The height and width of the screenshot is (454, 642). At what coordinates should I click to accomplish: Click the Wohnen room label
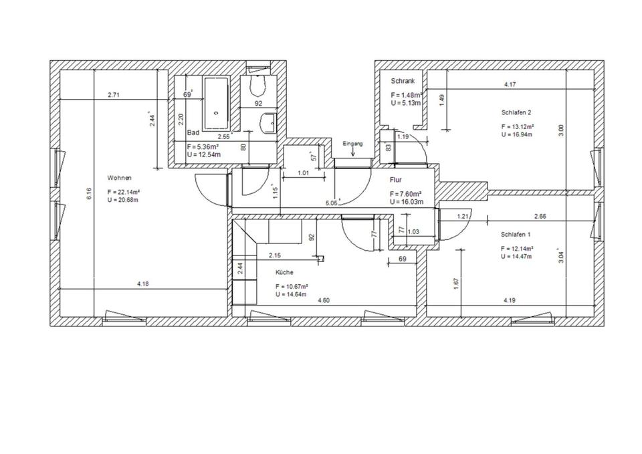pyautogui.click(x=119, y=178)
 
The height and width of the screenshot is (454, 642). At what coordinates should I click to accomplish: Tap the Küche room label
pyautogui.click(x=284, y=272)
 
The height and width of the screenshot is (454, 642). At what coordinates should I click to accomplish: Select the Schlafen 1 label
pyautogui.click(x=516, y=235)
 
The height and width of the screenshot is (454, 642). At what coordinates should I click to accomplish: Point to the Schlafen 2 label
pyautogui.click(x=516, y=112)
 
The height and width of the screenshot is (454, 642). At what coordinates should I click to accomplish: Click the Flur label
pyautogui.click(x=396, y=180)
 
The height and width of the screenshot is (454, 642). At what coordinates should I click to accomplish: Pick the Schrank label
pyautogui.click(x=403, y=81)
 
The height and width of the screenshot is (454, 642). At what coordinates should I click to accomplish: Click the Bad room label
pyautogui.click(x=193, y=132)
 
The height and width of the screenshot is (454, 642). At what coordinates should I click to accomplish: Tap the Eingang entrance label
pyautogui.click(x=352, y=144)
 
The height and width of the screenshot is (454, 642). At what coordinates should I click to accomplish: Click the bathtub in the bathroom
pyautogui.click(x=216, y=102)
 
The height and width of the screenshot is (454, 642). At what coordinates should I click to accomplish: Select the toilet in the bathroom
pyautogui.click(x=258, y=84)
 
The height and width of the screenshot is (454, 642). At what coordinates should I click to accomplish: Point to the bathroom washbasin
pyautogui.click(x=269, y=122)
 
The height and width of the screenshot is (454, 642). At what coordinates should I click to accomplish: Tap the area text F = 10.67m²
pyautogui.click(x=292, y=287)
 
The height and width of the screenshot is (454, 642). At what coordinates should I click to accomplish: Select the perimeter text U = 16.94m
pyautogui.click(x=517, y=134)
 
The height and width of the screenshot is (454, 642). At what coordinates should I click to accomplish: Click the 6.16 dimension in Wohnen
pyautogui.click(x=89, y=194)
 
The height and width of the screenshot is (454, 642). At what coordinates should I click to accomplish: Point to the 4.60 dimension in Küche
pyautogui.click(x=324, y=300)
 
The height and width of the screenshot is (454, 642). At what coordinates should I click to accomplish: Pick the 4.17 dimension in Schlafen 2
pyautogui.click(x=510, y=85)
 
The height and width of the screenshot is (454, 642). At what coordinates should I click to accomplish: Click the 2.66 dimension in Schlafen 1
pyautogui.click(x=540, y=217)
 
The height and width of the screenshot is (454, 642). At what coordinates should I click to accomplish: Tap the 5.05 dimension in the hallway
pyautogui.click(x=331, y=203)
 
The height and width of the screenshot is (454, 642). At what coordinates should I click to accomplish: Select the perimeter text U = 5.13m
pyautogui.click(x=406, y=103)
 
